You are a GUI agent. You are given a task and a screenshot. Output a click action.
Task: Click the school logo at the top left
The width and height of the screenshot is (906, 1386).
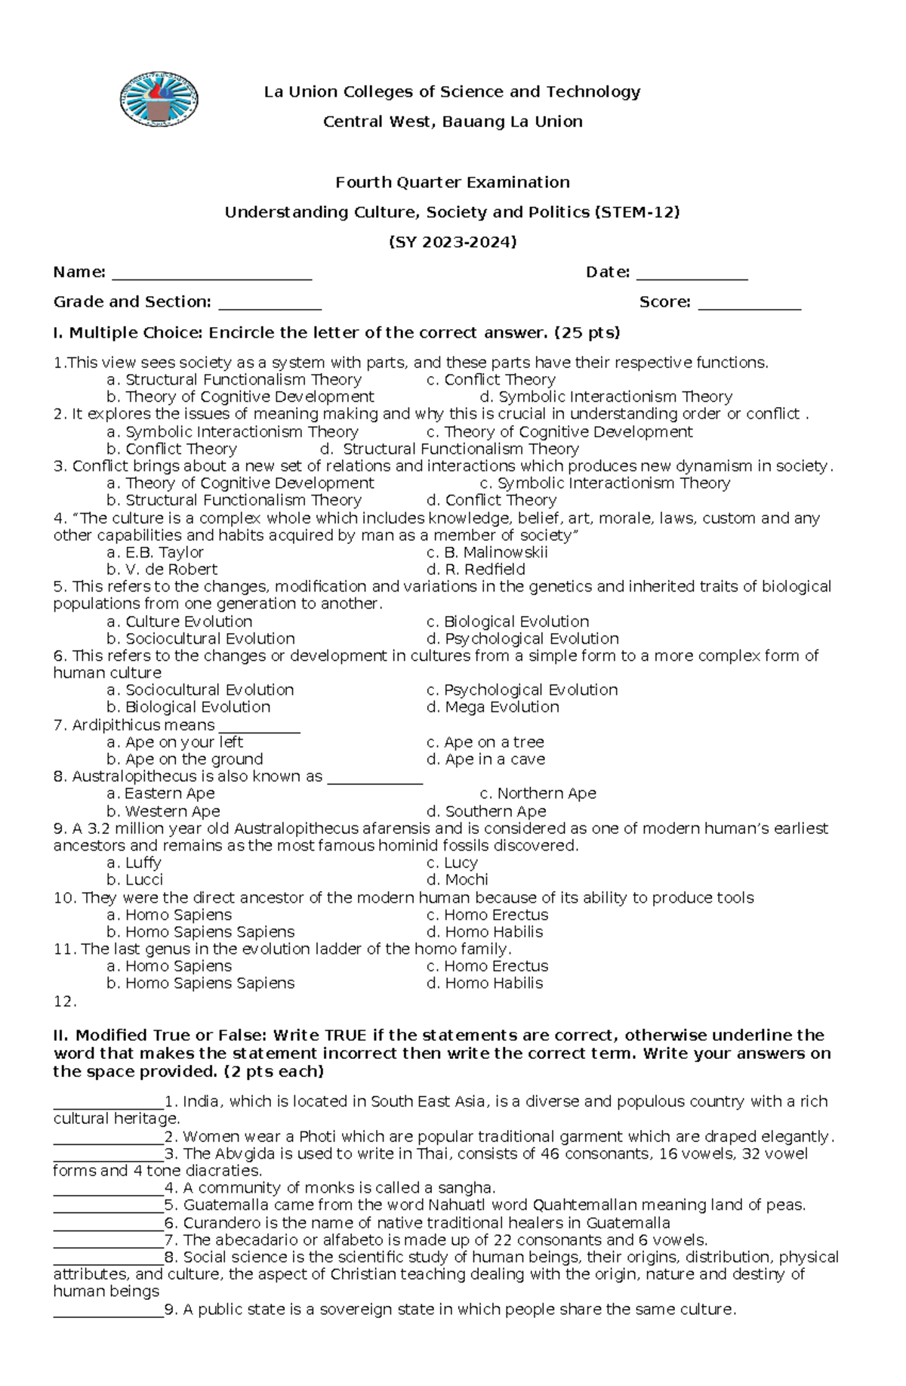pyautogui.click(x=159, y=100)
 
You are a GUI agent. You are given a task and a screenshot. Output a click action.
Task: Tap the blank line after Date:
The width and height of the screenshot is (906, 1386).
pyautogui.click(x=692, y=274)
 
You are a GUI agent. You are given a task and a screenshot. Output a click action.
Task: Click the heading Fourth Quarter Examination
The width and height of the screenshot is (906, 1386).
pyautogui.click(x=452, y=182)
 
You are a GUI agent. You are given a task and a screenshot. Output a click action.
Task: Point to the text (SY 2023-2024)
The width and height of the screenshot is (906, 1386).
pyautogui.click(x=452, y=242)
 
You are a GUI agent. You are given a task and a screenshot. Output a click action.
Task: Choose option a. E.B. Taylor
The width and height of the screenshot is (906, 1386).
pyautogui.click(x=155, y=552)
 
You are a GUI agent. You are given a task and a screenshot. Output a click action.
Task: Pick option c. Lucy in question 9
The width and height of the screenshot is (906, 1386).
pyautogui.click(x=451, y=863)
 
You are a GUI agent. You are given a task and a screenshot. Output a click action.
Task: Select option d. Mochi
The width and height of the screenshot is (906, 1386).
pyautogui.click(x=457, y=880)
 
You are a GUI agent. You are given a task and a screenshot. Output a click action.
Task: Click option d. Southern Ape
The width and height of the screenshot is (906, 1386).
pyautogui.click(x=486, y=811)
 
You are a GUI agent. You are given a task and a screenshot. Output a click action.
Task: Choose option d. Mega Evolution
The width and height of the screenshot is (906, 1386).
pyautogui.click(x=492, y=707)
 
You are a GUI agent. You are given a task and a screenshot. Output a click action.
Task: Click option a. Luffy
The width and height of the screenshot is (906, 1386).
pyautogui.click(x=134, y=863)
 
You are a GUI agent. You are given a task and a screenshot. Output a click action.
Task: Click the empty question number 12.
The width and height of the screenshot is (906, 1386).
pyautogui.click(x=65, y=1002)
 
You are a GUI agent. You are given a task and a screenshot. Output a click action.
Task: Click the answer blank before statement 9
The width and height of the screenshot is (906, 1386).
pyautogui.click(x=108, y=1310)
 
